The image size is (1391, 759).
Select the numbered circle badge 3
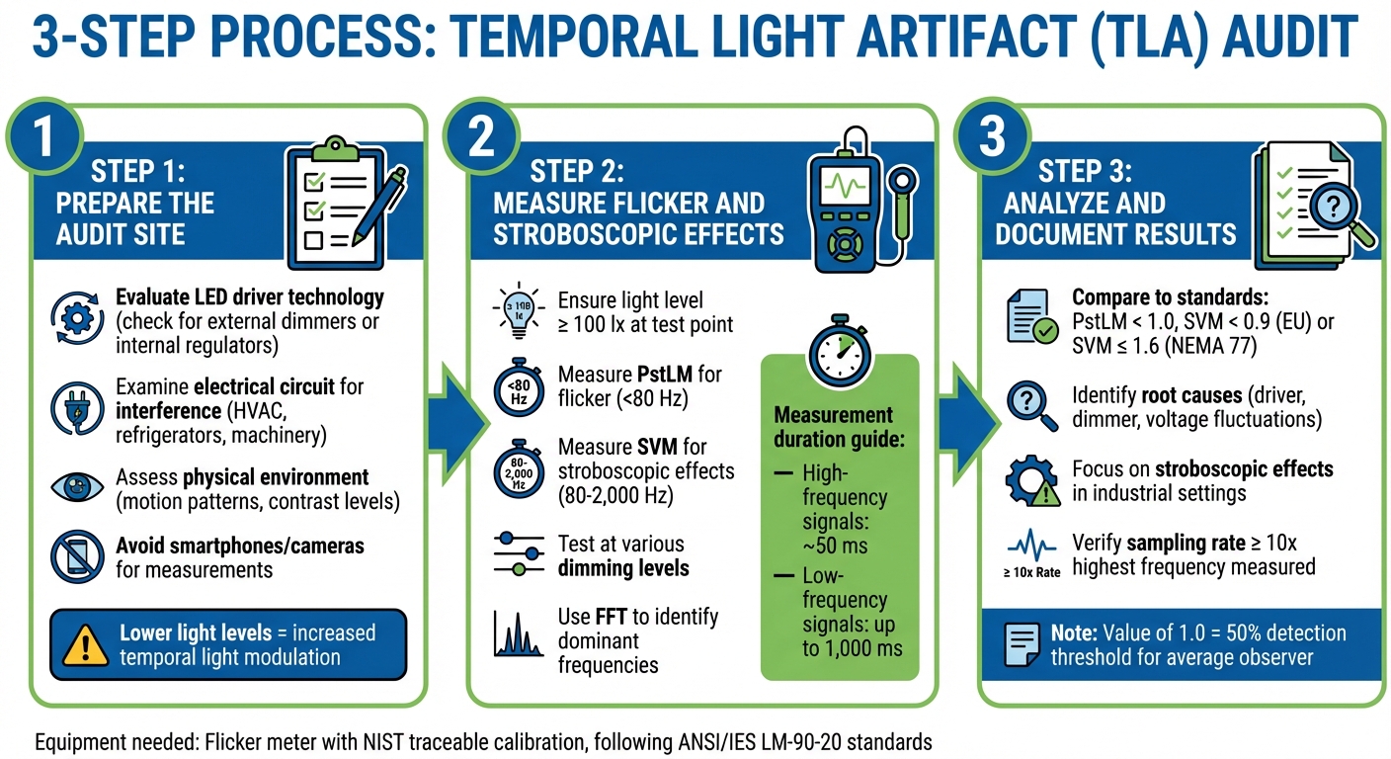pos(992,136)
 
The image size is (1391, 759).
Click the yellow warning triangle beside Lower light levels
pos(86,644)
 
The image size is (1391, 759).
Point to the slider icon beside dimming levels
pos(517,554)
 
